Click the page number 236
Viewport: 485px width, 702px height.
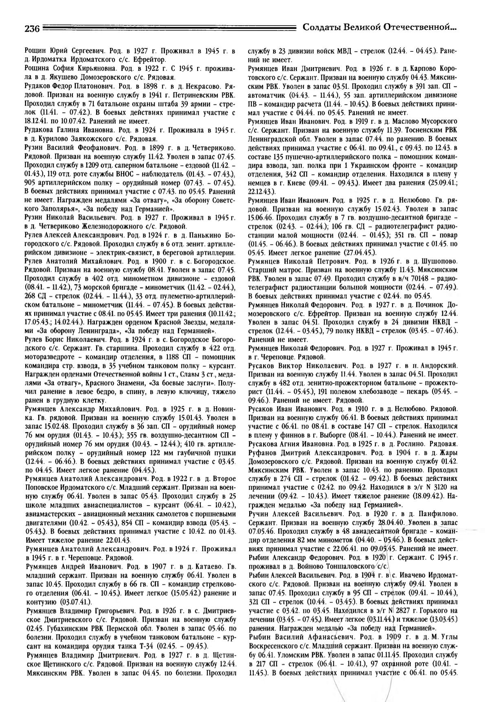tap(32, 29)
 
